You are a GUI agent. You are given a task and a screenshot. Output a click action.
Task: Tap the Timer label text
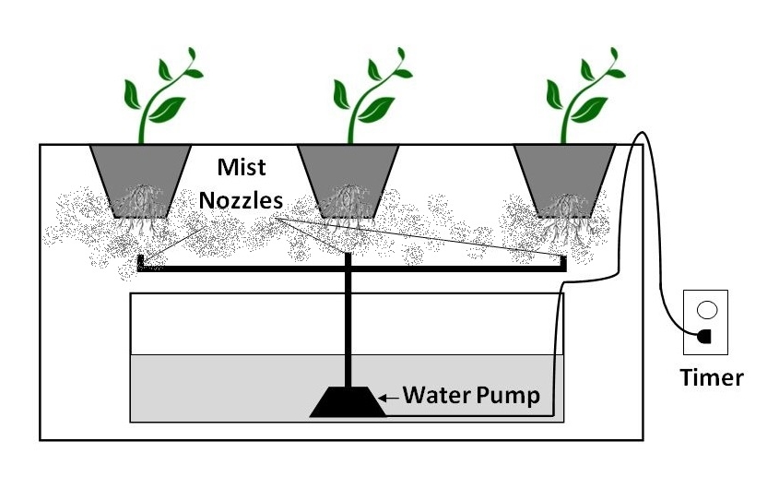pos(711,376)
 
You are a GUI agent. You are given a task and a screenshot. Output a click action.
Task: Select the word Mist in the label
pos(242,167)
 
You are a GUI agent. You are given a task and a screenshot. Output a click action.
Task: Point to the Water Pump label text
pos(471,397)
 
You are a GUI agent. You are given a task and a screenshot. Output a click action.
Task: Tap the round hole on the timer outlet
pos(706,310)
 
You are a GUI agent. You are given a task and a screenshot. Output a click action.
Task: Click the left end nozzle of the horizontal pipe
pos(139,262)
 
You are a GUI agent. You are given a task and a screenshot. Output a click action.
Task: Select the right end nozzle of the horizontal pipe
pos(563,262)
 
